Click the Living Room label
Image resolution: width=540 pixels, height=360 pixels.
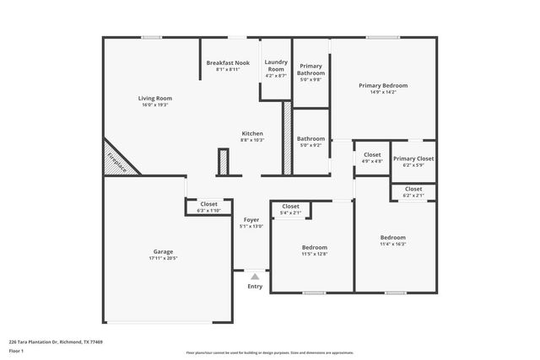pyautogui.click(x=154, y=99)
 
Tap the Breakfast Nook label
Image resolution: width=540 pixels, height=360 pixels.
pyautogui.click(x=227, y=63)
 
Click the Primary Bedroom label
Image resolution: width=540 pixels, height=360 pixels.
pyautogui.click(x=383, y=86)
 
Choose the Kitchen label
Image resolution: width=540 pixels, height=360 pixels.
pyautogui.click(x=252, y=133)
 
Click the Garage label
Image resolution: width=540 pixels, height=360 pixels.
pyautogui.click(x=164, y=251)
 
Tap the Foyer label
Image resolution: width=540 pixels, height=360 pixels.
pyautogui.click(x=251, y=219)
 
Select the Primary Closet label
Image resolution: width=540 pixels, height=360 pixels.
pyautogui.click(x=413, y=159)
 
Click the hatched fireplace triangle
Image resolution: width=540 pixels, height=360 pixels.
pyautogui.click(x=117, y=161)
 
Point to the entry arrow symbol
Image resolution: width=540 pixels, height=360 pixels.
pyautogui.click(x=255, y=276)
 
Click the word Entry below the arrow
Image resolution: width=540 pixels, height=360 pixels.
pyautogui.click(x=255, y=287)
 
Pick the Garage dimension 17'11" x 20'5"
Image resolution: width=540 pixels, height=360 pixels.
pyautogui.click(x=164, y=258)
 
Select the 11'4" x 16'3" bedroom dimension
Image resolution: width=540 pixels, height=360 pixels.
pyautogui.click(x=392, y=244)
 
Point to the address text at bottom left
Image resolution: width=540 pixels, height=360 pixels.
pyautogui.click(x=48, y=342)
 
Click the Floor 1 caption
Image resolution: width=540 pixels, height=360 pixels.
pyautogui.click(x=16, y=351)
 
